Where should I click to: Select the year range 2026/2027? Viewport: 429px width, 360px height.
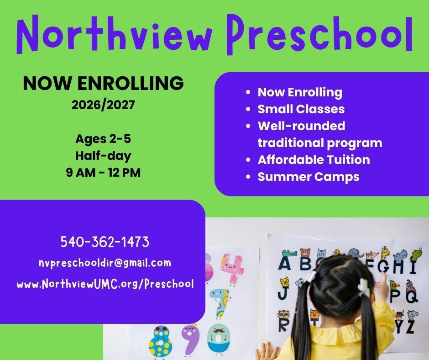(x=103, y=105)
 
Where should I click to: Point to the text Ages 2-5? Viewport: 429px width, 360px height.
(x=103, y=138)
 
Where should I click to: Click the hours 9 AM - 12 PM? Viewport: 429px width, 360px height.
(x=103, y=173)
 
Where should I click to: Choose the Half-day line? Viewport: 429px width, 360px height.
(x=103, y=156)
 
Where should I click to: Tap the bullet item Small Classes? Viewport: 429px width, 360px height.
(x=301, y=109)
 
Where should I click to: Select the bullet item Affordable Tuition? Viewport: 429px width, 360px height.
(x=314, y=160)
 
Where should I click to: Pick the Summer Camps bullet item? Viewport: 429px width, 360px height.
(x=309, y=177)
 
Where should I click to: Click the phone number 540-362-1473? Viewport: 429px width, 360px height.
(x=105, y=242)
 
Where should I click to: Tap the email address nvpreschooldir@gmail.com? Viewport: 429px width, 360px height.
(x=105, y=263)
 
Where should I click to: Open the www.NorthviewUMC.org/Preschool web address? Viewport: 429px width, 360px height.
(x=105, y=284)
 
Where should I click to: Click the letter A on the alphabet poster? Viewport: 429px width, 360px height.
(x=285, y=264)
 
